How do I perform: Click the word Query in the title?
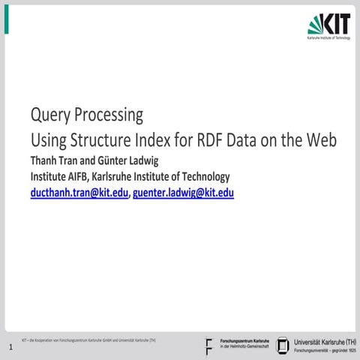click(48, 116)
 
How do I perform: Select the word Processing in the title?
click(107, 116)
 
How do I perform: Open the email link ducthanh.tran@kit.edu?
click(79, 193)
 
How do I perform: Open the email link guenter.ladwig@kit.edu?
click(184, 193)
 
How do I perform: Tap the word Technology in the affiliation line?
click(202, 177)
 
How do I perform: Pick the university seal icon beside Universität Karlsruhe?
click(283, 345)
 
